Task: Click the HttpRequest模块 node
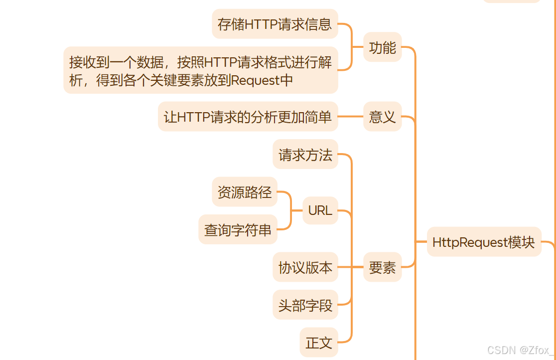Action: tap(484, 242)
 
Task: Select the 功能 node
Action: tap(382, 47)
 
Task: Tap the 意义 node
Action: tap(382, 117)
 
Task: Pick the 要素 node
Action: tap(382, 268)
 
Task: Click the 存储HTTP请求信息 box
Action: tap(275, 24)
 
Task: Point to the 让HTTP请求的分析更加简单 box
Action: tap(248, 117)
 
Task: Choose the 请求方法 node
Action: tap(305, 155)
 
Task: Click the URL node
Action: tap(320, 210)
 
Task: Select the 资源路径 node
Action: tap(244, 192)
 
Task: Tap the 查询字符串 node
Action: tap(238, 230)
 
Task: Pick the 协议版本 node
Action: tap(305, 268)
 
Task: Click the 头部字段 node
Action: tap(305, 305)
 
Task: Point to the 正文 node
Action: tap(319, 343)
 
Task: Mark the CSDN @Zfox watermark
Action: tap(520, 350)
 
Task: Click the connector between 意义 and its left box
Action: tap(351, 117)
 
